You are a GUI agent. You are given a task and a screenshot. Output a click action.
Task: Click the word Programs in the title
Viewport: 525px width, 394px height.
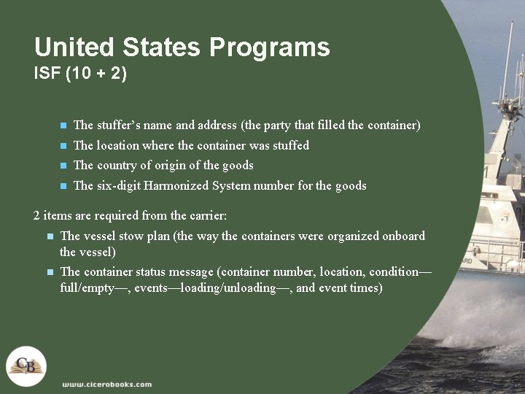[270, 48]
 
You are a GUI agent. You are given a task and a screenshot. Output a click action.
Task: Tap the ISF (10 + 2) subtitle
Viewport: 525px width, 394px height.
[80, 74]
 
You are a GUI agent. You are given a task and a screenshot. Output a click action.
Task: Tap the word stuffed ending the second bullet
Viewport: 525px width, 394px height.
[291, 146]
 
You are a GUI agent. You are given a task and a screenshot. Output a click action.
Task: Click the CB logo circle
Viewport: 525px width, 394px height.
[26, 366]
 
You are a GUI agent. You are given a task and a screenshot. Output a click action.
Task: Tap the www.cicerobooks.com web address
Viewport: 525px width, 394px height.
[107, 385]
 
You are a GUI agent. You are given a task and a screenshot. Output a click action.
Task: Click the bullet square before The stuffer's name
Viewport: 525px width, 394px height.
[63, 126]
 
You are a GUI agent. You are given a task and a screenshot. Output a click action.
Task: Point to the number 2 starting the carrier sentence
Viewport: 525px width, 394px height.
[37, 216]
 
